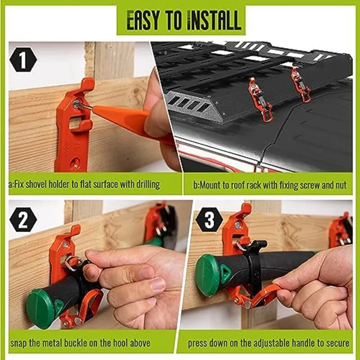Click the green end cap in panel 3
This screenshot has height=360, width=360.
coord(208,275)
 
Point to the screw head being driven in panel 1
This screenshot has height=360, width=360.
coord(77,104)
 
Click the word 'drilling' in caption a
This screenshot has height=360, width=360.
coord(145,185)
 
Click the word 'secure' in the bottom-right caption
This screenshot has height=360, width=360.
coord(336,343)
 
